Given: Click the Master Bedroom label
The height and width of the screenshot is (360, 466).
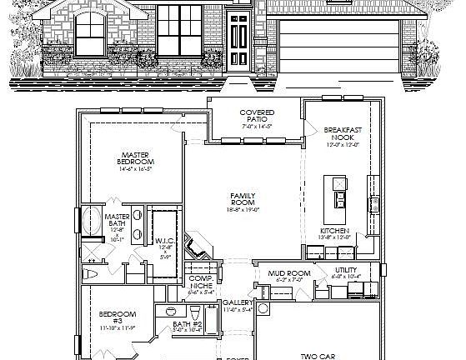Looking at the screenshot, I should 136,158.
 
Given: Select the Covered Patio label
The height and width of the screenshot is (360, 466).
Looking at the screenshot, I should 257,116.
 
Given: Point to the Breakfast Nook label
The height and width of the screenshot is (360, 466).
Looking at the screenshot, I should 342,134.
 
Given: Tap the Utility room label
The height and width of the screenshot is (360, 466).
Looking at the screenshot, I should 346,270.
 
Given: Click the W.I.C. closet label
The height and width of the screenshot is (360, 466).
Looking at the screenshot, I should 164,242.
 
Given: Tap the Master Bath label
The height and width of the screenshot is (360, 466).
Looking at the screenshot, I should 117,221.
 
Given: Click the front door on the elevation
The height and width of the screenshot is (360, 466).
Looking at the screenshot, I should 238,42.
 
